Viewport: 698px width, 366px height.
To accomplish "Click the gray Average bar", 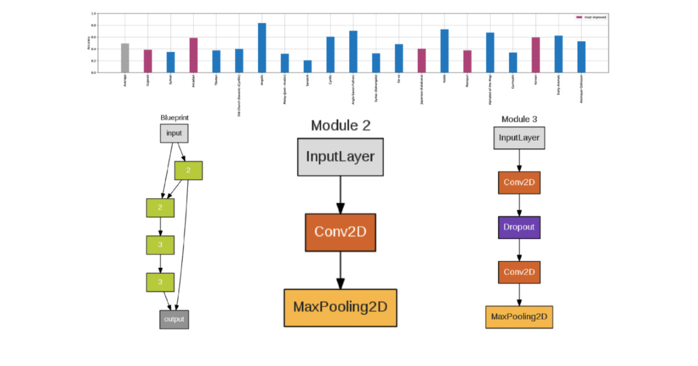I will [x=125, y=58].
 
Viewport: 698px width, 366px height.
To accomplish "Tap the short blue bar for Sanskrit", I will [x=307, y=66].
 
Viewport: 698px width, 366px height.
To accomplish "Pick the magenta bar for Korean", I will [x=536, y=55].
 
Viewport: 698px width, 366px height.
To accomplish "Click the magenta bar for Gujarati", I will [x=148, y=61].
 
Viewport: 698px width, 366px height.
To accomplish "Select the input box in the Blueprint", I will [x=174, y=133].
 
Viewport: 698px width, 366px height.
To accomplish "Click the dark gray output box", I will [x=174, y=320].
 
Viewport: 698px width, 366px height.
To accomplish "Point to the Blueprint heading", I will [x=174, y=117].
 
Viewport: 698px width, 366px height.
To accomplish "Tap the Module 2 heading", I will [x=340, y=125].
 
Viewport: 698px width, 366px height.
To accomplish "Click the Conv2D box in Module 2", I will [x=340, y=232].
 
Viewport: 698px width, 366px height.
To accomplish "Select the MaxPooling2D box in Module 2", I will [x=340, y=307].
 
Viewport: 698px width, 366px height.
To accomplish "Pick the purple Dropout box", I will [x=519, y=227].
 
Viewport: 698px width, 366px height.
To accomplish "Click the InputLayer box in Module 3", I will [x=519, y=138].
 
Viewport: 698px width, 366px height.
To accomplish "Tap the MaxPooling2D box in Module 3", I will [x=519, y=317].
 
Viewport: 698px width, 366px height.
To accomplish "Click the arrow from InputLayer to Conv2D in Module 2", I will [x=340, y=195].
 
